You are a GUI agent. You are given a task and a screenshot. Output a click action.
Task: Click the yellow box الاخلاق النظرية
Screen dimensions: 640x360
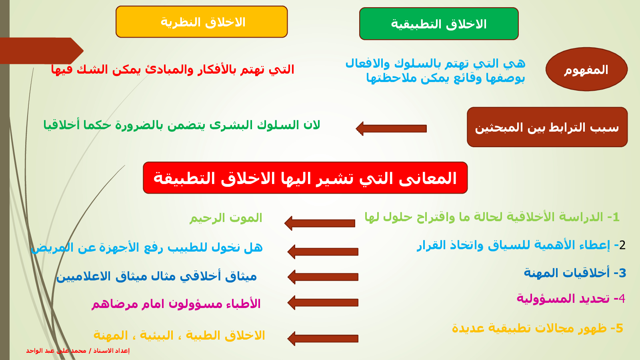[x=202, y=22]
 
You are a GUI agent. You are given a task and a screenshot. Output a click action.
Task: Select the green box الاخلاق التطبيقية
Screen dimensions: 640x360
[x=439, y=24]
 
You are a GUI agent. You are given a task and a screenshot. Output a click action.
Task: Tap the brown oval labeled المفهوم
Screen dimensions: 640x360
[x=586, y=70]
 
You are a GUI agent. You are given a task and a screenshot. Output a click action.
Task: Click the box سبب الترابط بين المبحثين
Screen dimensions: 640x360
[x=547, y=127]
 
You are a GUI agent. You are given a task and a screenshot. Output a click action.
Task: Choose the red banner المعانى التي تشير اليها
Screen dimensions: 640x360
[x=305, y=178]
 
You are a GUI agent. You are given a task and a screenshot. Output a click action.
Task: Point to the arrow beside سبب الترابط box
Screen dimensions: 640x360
[x=391, y=128]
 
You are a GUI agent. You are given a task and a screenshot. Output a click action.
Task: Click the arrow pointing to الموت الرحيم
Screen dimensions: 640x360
[x=320, y=223]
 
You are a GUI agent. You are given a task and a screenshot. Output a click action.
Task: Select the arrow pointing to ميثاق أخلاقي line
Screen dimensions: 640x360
[x=323, y=277]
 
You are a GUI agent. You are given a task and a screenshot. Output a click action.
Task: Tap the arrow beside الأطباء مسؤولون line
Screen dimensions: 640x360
[x=323, y=302]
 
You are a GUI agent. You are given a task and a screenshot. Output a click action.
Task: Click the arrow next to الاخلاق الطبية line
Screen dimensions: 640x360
[x=323, y=338]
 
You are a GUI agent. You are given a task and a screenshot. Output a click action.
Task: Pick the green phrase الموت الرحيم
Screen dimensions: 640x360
[x=226, y=218]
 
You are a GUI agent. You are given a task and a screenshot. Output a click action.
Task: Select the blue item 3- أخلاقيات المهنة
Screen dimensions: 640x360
[x=575, y=273]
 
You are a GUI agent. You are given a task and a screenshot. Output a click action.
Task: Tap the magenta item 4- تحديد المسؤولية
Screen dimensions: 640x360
[x=571, y=298]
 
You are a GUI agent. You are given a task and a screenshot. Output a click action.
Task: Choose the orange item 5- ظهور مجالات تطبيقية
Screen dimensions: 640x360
[x=538, y=328]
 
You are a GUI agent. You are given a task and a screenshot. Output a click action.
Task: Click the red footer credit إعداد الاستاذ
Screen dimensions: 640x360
[x=78, y=350]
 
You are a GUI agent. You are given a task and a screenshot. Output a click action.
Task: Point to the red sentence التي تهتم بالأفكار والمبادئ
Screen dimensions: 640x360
[x=172, y=70]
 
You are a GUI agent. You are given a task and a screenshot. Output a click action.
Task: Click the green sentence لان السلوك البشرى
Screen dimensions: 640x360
[x=182, y=125]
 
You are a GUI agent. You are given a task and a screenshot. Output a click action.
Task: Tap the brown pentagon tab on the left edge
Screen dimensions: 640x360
[x=42, y=50]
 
